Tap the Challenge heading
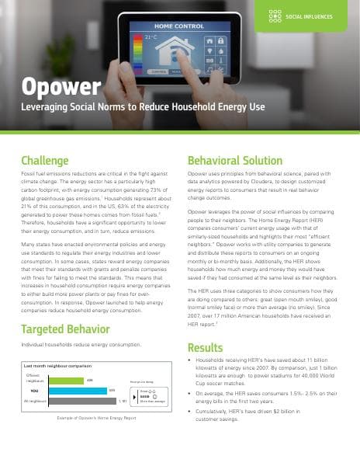(x=47, y=162)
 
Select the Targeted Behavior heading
(x=67, y=329)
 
